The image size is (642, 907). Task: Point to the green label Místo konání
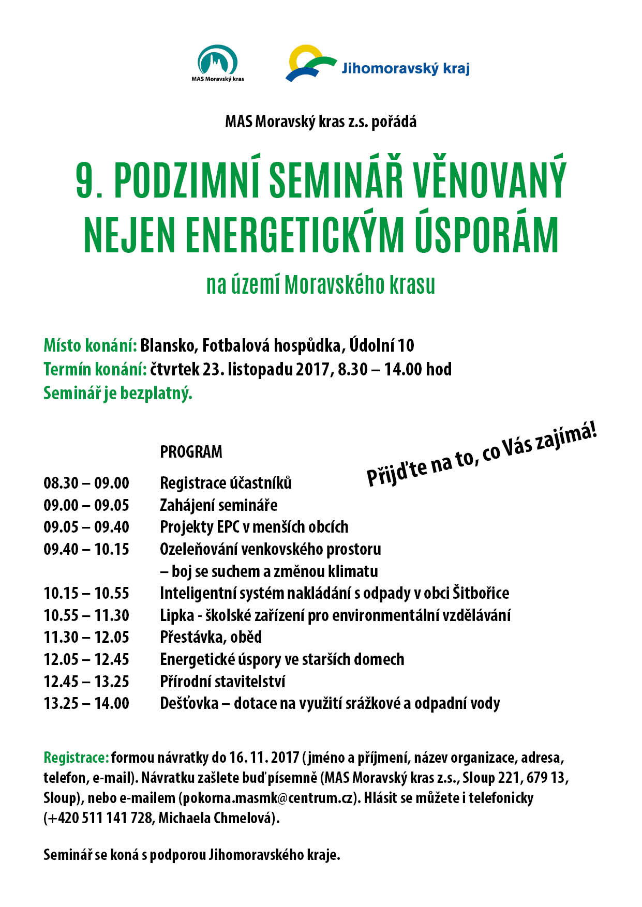[90, 345]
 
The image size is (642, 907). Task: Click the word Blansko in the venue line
[168, 345]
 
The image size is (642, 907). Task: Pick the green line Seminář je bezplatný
[118, 394]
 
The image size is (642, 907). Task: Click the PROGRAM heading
[191, 452]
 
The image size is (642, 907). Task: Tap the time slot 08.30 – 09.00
[86, 483]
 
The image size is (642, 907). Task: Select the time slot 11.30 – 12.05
[86, 637]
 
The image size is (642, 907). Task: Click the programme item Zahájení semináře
[218, 505]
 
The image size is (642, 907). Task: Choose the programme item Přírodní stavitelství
[222, 682]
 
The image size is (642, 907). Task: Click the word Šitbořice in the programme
[481, 593]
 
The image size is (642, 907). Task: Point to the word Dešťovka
[189, 704]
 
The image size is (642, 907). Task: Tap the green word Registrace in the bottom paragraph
[76, 758]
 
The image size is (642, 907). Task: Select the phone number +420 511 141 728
[100, 818]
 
